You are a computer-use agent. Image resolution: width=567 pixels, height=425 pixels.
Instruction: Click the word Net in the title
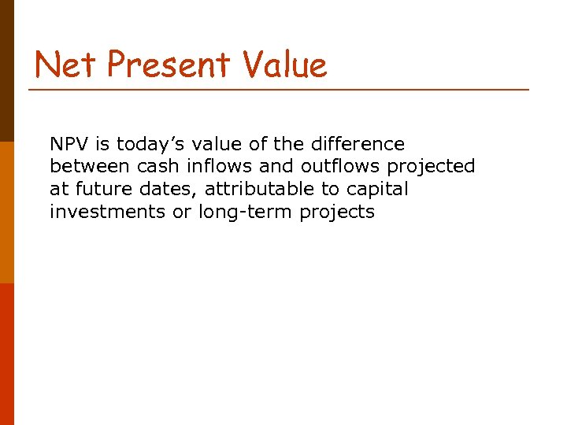pos(65,65)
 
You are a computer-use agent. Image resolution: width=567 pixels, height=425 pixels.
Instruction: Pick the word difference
pos(359,145)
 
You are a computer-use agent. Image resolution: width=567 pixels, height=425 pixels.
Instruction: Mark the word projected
pos(432,168)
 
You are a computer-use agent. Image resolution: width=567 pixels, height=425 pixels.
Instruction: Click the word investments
pos(107,213)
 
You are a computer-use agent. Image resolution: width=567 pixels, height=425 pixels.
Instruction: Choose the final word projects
pos(338,213)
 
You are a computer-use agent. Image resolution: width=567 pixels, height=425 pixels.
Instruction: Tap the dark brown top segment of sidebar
pos(6,71)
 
